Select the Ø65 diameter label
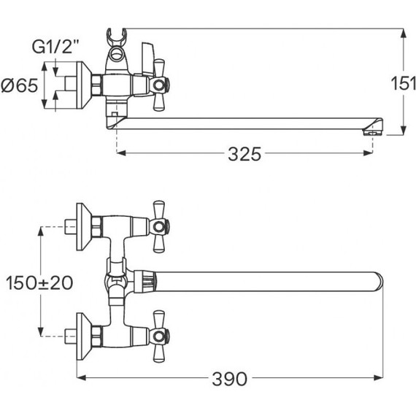20,85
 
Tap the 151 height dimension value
404,83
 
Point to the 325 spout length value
244,154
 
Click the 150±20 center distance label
39,282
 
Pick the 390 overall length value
230,379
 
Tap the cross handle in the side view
159,85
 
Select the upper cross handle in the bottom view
159,226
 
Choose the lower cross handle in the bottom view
159,336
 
